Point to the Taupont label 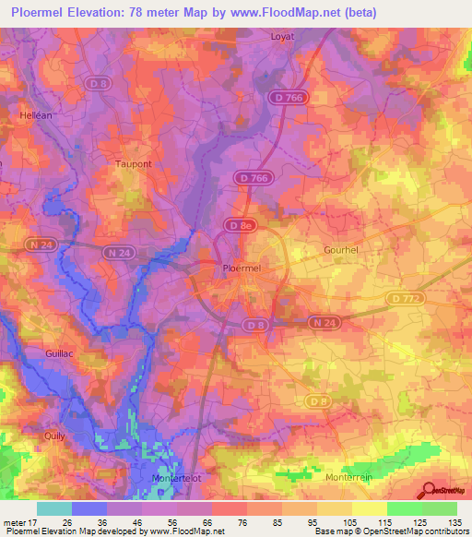pyautogui.click(x=133, y=163)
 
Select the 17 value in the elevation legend pyautogui.click(x=36, y=522)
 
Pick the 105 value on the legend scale pyautogui.click(x=337, y=522)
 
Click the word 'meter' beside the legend pyautogui.click(x=15, y=522)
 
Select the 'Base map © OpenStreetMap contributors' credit pyautogui.click(x=390, y=531)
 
